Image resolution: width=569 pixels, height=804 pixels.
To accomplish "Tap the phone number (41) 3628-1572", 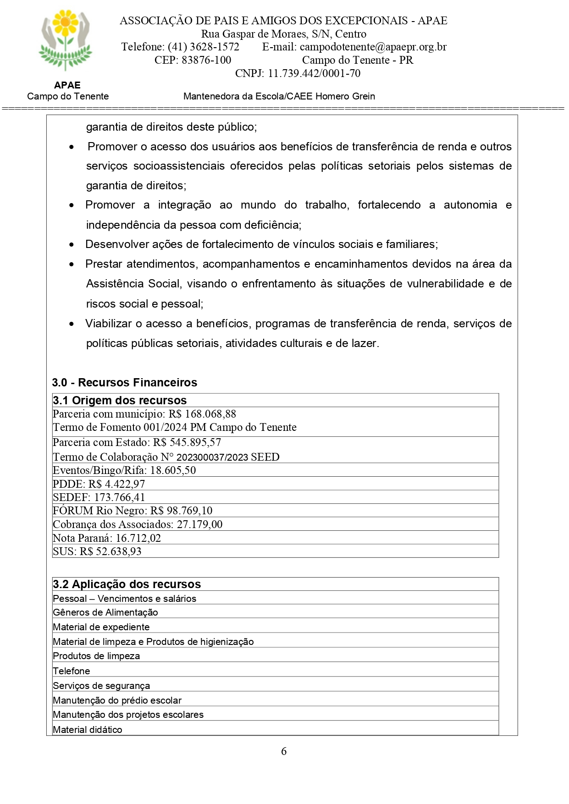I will pyautogui.click(x=203, y=47).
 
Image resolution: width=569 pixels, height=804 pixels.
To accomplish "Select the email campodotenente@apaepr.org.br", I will pyautogui.click(x=373, y=47).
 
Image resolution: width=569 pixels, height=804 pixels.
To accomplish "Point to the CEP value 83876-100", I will pyautogui.click(x=206, y=60).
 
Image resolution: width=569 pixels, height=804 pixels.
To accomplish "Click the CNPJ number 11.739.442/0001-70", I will pyautogui.click(x=314, y=73).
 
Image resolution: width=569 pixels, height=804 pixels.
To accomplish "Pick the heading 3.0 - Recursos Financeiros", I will pyautogui.click(x=124, y=382).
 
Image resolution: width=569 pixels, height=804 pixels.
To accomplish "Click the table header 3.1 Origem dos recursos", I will pyautogui.click(x=120, y=400).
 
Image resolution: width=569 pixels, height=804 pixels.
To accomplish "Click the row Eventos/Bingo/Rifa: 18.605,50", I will pyautogui.click(x=124, y=470).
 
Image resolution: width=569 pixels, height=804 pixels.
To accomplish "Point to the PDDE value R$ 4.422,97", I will pyautogui.click(x=116, y=484).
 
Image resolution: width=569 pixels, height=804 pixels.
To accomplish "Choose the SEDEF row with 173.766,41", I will pyautogui.click(x=99, y=497).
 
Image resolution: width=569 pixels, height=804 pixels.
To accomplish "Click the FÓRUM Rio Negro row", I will pyautogui.click(x=133, y=511).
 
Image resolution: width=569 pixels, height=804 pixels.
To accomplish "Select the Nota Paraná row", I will pyautogui.click(x=107, y=538).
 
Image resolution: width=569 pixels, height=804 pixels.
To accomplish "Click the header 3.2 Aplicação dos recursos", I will pyautogui.click(x=127, y=584).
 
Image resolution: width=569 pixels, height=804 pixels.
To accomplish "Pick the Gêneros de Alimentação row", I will pyautogui.click(x=105, y=612).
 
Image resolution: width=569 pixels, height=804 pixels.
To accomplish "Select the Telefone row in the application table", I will pyautogui.click(x=72, y=671).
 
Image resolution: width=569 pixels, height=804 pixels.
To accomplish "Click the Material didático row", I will pyautogui.click(x=88, y=730).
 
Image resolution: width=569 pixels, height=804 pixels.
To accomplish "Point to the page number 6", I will pyautogui.click(x=284, y=751).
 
